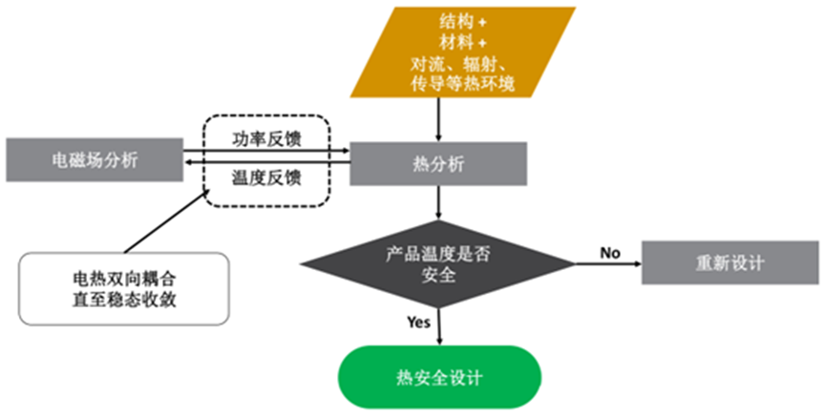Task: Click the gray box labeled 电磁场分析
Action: point(94,159)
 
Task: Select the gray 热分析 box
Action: point(438,164)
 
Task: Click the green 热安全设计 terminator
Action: point(438,376)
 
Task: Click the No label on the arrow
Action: point(610,252)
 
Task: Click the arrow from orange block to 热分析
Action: point(438,119)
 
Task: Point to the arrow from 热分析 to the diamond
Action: point(438,203)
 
